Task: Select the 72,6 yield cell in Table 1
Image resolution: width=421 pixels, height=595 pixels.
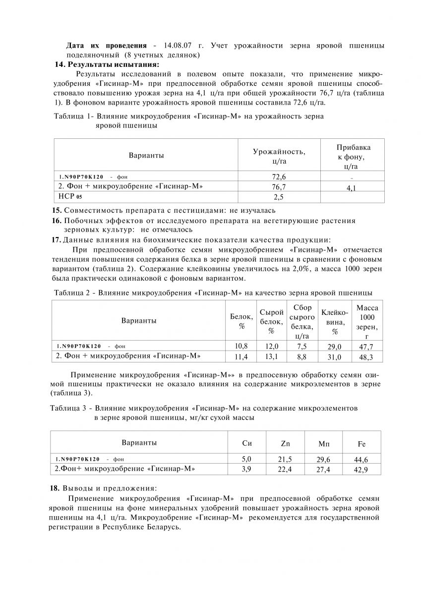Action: click(x=279, y=177)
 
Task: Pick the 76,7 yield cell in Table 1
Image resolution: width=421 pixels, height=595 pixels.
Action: click(x=279, y=187)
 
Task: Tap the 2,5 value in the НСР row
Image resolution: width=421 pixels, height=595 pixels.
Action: click(x=279, y=197)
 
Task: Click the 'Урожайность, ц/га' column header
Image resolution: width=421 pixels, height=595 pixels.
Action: click(x=279, y=156)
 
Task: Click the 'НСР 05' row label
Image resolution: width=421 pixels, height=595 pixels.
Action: click(x=70, y=197)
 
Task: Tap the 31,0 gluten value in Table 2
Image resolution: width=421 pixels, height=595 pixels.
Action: click(x=334, y=357)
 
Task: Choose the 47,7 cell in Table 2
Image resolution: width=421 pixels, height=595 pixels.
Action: click(x=366, y=347)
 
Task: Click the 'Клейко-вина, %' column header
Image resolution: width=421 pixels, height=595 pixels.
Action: click(x=335, y=321)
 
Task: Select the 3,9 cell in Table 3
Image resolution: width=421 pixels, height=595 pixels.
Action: click(x=246, y=469)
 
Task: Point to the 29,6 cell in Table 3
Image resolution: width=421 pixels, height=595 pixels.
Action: click(x=323, y=460)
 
